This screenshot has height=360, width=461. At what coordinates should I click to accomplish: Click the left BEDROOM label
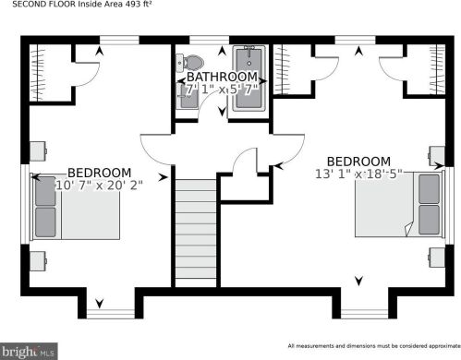[x=99, y=173]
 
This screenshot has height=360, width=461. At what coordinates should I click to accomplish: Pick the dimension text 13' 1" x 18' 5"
[x=361, y=174]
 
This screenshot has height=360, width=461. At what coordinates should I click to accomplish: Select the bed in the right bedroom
[x=398, y=204]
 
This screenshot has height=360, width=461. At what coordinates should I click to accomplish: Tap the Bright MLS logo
[x=30, y=350]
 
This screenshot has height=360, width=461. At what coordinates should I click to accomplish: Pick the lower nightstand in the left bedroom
[x=38, y=259]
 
